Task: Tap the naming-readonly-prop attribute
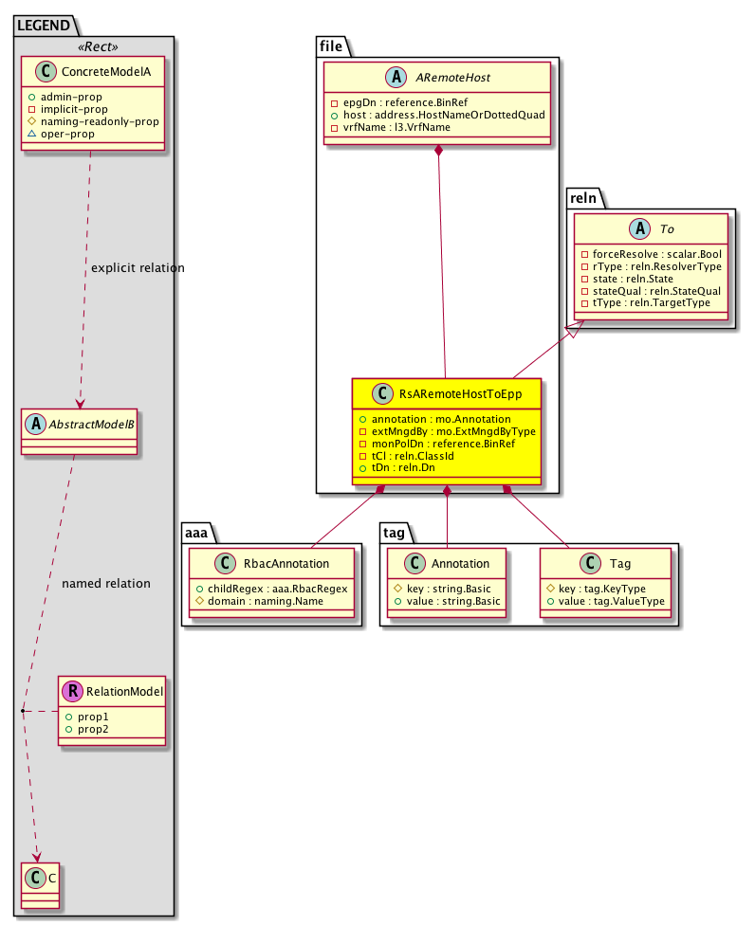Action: (99, 121)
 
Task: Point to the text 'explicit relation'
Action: (138, 268)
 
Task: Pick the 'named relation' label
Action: (106, 583)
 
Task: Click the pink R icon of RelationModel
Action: (73, 691)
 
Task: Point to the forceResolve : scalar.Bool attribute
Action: (656, 254)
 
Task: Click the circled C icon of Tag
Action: (588, 563)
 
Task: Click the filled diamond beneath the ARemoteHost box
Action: (438, 152)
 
